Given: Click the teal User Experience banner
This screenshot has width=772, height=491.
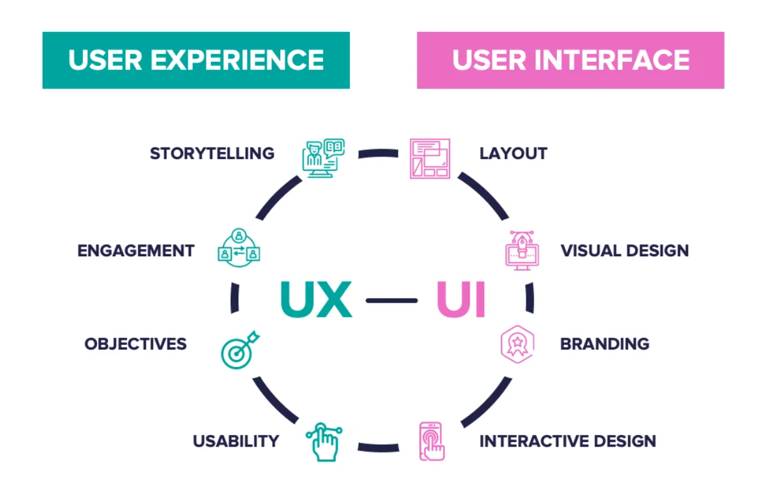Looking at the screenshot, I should pos(195,60).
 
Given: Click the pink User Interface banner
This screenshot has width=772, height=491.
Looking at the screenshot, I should pos(570,60).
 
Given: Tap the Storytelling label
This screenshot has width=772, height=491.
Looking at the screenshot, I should pos(212,154).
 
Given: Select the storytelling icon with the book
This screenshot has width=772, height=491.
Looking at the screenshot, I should pos(322,157).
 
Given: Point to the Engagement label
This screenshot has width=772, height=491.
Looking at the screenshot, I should pos(136,250).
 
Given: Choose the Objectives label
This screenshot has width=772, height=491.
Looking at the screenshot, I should pos(136,344).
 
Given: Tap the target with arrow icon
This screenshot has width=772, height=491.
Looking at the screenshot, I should pos(239,350).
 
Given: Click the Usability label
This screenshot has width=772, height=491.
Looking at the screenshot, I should pos(236,441).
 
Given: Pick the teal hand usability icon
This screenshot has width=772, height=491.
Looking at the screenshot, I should pos(324,442).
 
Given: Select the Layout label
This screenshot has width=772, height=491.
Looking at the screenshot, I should pos(513,154).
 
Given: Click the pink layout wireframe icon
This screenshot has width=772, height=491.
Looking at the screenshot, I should pos(429,158).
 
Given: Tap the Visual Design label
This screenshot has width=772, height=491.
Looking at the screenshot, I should pos(625,250).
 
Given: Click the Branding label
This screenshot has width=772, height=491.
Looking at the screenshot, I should pos(605,344).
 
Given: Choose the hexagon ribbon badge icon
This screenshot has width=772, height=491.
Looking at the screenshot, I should pos(517,344).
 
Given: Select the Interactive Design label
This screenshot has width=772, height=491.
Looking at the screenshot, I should pos(567,441).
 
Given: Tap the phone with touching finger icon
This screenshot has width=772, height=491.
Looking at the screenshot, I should pos(431,441).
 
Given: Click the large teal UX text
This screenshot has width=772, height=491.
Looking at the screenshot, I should pos(316,300).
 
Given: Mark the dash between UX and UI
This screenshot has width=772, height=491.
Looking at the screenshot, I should pos(392,301).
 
